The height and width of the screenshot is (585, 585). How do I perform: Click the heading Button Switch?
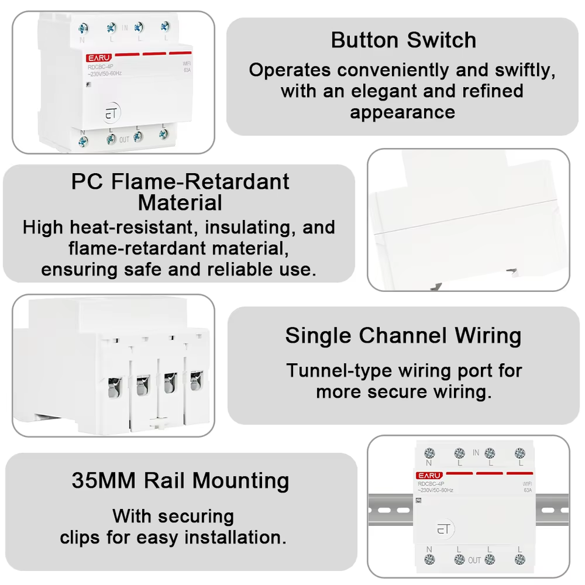[403, 40]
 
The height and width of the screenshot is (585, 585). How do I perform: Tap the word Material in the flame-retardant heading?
[180, 202]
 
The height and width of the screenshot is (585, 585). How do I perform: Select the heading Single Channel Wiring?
[403, 335]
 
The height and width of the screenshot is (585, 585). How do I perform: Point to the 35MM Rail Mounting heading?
[180, 480]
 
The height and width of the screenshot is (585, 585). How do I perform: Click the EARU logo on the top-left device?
[99, 58]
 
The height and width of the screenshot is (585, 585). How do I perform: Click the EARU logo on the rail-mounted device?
[429, 475]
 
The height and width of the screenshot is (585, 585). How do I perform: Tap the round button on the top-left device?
[111, 112]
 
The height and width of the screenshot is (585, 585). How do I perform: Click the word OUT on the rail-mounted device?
[474, 561]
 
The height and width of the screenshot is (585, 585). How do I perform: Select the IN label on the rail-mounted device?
[476, 453]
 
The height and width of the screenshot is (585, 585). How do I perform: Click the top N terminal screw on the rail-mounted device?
[430, 453]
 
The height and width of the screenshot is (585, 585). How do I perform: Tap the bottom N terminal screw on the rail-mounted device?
[430, 559]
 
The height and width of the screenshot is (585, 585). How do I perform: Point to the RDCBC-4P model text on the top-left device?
[101, 67]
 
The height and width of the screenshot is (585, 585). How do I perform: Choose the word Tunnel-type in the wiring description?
[339, 371]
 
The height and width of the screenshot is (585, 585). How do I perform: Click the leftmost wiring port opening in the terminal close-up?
[115, 388]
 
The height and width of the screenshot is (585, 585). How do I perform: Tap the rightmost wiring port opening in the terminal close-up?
[196, 380]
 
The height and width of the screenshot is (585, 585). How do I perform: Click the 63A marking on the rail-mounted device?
[528, 490]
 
